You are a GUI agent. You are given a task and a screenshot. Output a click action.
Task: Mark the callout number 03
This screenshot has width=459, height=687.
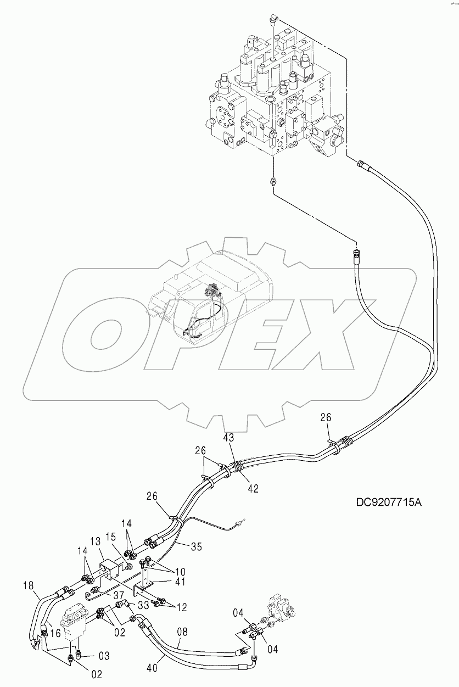(104, 656)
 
